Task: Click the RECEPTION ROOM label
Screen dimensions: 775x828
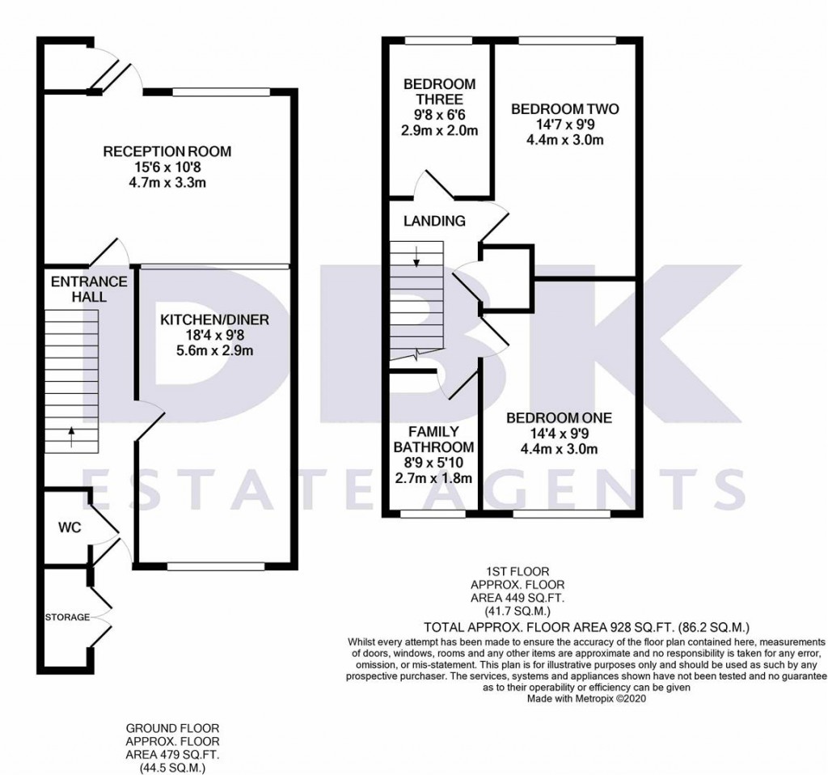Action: (x=167, y=151)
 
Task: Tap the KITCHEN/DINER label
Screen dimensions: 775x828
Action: (x=213, y=320)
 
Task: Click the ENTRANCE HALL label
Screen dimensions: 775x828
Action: (x=89, y=289)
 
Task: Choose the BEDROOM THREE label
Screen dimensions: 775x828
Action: (x=439, y=91)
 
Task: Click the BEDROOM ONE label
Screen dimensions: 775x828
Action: (x=559, y=418)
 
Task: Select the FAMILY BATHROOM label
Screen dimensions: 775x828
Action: (x=433, y=439)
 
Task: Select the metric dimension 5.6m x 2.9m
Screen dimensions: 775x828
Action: (x=213, y=351)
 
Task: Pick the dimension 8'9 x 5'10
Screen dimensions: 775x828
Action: (x=433, y=464)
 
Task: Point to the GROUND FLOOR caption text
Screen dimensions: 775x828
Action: (x=172, y=728)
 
